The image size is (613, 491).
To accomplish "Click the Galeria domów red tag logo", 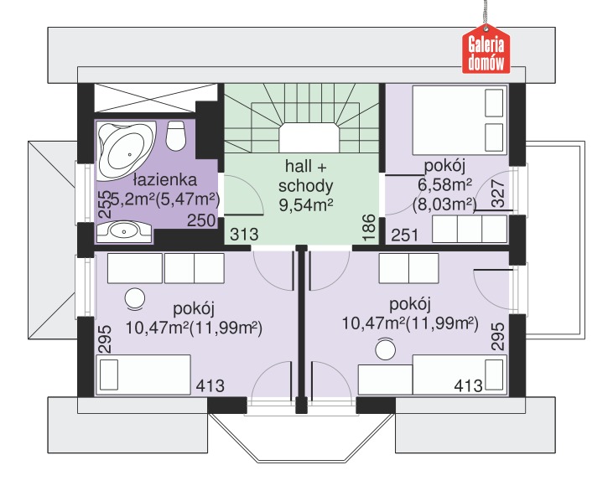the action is click(486, 49).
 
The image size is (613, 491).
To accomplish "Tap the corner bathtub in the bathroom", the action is click(126, 151).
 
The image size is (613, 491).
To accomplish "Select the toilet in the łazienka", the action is click(175, 135).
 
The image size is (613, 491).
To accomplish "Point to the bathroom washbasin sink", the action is click(124, 232).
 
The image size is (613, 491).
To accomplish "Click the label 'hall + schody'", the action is click(305, 176).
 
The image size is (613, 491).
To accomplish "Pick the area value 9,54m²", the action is click(306, 204).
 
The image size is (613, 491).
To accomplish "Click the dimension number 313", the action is click(244, 235).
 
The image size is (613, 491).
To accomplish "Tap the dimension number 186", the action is click(369, 227).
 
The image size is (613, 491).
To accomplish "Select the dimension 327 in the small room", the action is click(498, 194).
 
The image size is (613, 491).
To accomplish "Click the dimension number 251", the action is click(405, 235).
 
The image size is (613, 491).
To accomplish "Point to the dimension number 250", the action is click(201, 220).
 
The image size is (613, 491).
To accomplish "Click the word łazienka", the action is click(164, 179).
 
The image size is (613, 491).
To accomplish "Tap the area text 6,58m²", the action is click(445, 185).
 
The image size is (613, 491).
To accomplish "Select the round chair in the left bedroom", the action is click(134, 299).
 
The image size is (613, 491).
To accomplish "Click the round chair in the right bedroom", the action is click(385, 349).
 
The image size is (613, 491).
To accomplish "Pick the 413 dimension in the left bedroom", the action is click(210, 386).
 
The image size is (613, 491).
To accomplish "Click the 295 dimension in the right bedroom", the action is click(497, 336).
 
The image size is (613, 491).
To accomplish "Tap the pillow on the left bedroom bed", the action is click(109, 375).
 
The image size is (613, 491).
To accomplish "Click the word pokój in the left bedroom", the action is click(194, 309).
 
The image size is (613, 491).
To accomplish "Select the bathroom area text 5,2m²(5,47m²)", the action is click(165, 199).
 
